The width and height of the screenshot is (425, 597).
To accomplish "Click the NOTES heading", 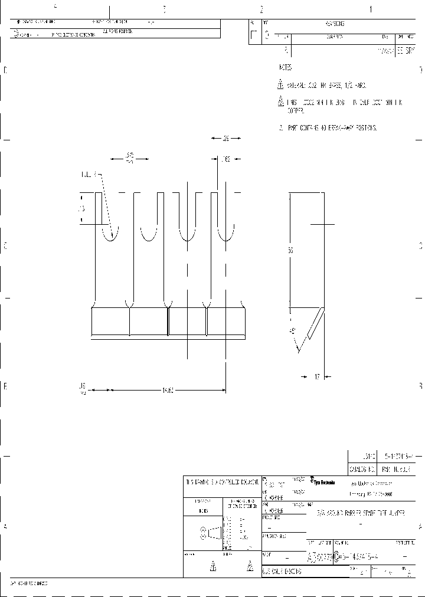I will click(285, 68).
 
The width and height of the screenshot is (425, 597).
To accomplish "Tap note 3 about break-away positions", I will click(328, 127).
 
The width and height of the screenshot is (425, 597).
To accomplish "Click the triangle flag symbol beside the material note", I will click(281, 84).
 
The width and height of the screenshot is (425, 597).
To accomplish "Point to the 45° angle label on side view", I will click(292, 331).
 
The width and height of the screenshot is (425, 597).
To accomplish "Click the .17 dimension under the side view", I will click(316, 376).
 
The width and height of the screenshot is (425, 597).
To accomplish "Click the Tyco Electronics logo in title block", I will click(323, 482).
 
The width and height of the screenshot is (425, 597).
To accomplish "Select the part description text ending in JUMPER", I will click(361, 514).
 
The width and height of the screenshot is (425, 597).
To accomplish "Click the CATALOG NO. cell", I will click(362, 470).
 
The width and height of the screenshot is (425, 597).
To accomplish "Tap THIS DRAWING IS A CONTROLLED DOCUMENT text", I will click(221, 482).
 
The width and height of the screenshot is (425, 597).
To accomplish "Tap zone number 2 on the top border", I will click(261, 9).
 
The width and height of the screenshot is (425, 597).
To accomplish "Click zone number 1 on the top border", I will click(371, 9).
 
